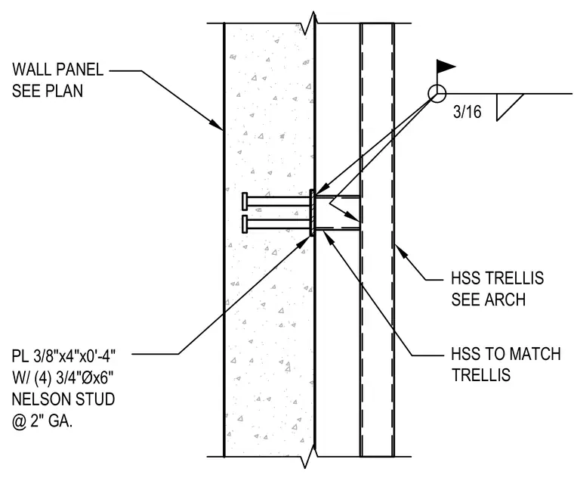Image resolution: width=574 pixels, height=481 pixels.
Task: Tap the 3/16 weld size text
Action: (467, 112)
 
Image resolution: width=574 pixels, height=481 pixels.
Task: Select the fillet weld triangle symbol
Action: (510, 107)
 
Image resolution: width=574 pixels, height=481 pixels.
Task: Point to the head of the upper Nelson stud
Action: (245, 201)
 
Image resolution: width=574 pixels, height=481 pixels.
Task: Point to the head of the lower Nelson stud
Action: (245, 224)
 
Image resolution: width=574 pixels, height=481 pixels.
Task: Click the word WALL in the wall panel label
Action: (32, 70)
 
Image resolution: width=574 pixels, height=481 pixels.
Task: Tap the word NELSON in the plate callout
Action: (42, 399)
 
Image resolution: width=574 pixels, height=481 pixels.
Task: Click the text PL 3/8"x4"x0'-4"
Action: (63, 355)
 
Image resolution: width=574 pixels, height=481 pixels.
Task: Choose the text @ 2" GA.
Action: (42, 421)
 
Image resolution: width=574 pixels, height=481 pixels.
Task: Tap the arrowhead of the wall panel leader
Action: (217, 125)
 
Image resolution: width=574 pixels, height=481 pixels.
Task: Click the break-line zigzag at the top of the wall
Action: (310, 23)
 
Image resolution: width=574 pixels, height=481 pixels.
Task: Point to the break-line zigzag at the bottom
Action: (310, 457)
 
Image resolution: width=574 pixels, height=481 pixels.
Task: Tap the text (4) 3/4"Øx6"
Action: (75, 377)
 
